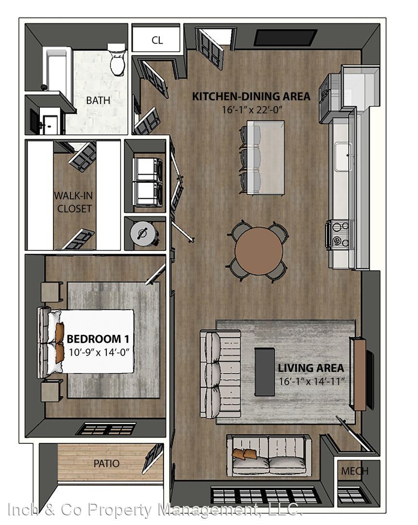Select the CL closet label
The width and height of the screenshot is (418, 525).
click(x=157, y=40)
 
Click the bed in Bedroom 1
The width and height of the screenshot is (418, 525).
click(x=86, y=341)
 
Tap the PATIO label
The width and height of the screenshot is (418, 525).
click(x=106, y=464)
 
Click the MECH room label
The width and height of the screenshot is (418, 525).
click(x=354, y=471)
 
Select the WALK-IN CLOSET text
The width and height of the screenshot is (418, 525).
click(x=74, y=202)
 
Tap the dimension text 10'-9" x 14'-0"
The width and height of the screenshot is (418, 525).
click(x=99, y=352)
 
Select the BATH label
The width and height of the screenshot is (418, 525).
click(x=98, y=100)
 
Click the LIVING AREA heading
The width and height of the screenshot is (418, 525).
click(x=311, y=368)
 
